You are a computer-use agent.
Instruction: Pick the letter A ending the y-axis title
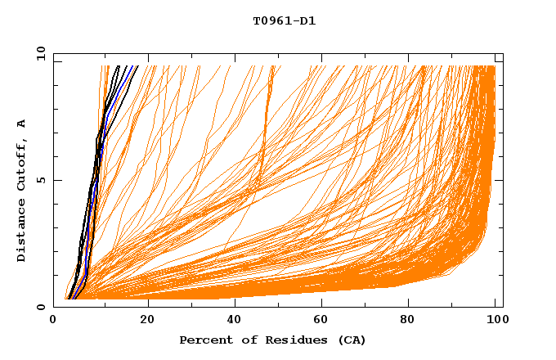[x=22, y=123]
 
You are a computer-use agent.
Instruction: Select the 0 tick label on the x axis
[x=54, y=321]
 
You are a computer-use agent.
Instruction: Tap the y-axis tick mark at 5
[x=56, y=181]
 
